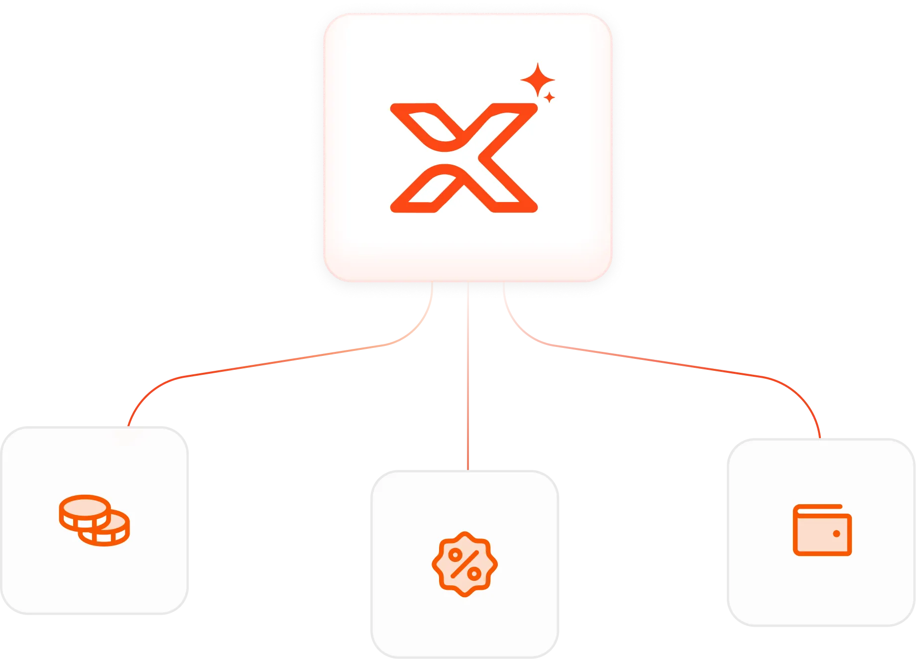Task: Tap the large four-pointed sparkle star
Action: tap(537, 80)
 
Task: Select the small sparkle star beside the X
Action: tap(549, 97)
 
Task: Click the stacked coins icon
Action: tap(94, 520)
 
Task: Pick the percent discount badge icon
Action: tap(464, 564)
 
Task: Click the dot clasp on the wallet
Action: tap(836, 534)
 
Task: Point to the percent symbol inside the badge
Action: tap(464, 564)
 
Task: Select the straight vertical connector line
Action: tap(468, 378)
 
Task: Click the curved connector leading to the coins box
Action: tap(279, 360)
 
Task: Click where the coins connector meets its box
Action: tap(128, 425)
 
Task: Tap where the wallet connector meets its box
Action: tap(819, 437)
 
